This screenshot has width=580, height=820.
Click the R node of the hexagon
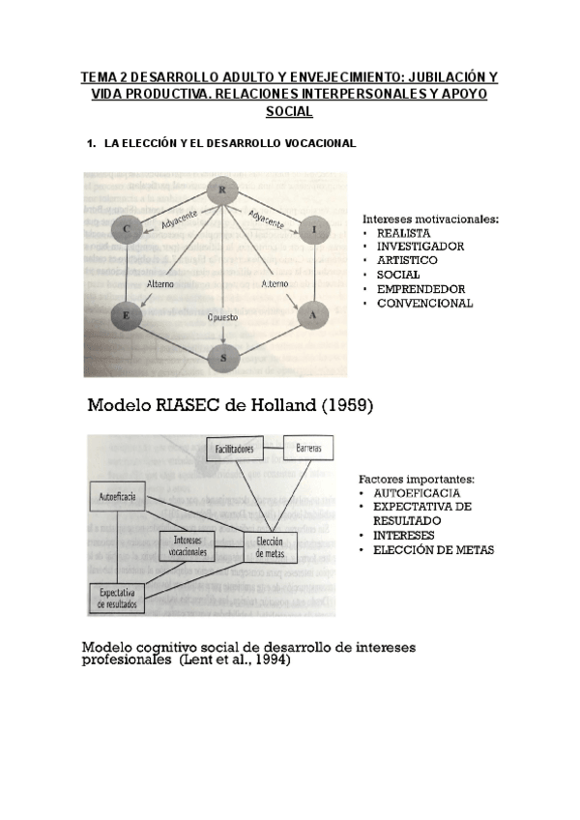(222, 190)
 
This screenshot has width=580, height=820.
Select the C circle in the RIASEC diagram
(128, 229)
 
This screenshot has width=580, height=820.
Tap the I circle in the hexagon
(316, 229)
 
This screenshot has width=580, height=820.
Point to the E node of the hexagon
(127, 314)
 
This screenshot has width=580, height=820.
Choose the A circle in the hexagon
(310, 314)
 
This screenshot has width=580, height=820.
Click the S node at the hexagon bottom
(224, 357)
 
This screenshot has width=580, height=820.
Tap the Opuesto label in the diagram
(223, 317)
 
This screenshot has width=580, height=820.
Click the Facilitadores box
(234, 450)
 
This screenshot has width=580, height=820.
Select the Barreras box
(308, 449)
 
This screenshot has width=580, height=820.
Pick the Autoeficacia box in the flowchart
(117, 498)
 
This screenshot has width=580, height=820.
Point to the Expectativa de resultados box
(117, 598)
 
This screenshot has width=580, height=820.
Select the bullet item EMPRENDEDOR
(420, 289)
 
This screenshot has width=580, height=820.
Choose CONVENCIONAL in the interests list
(424, 304)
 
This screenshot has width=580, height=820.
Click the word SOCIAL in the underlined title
(289, 112)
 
